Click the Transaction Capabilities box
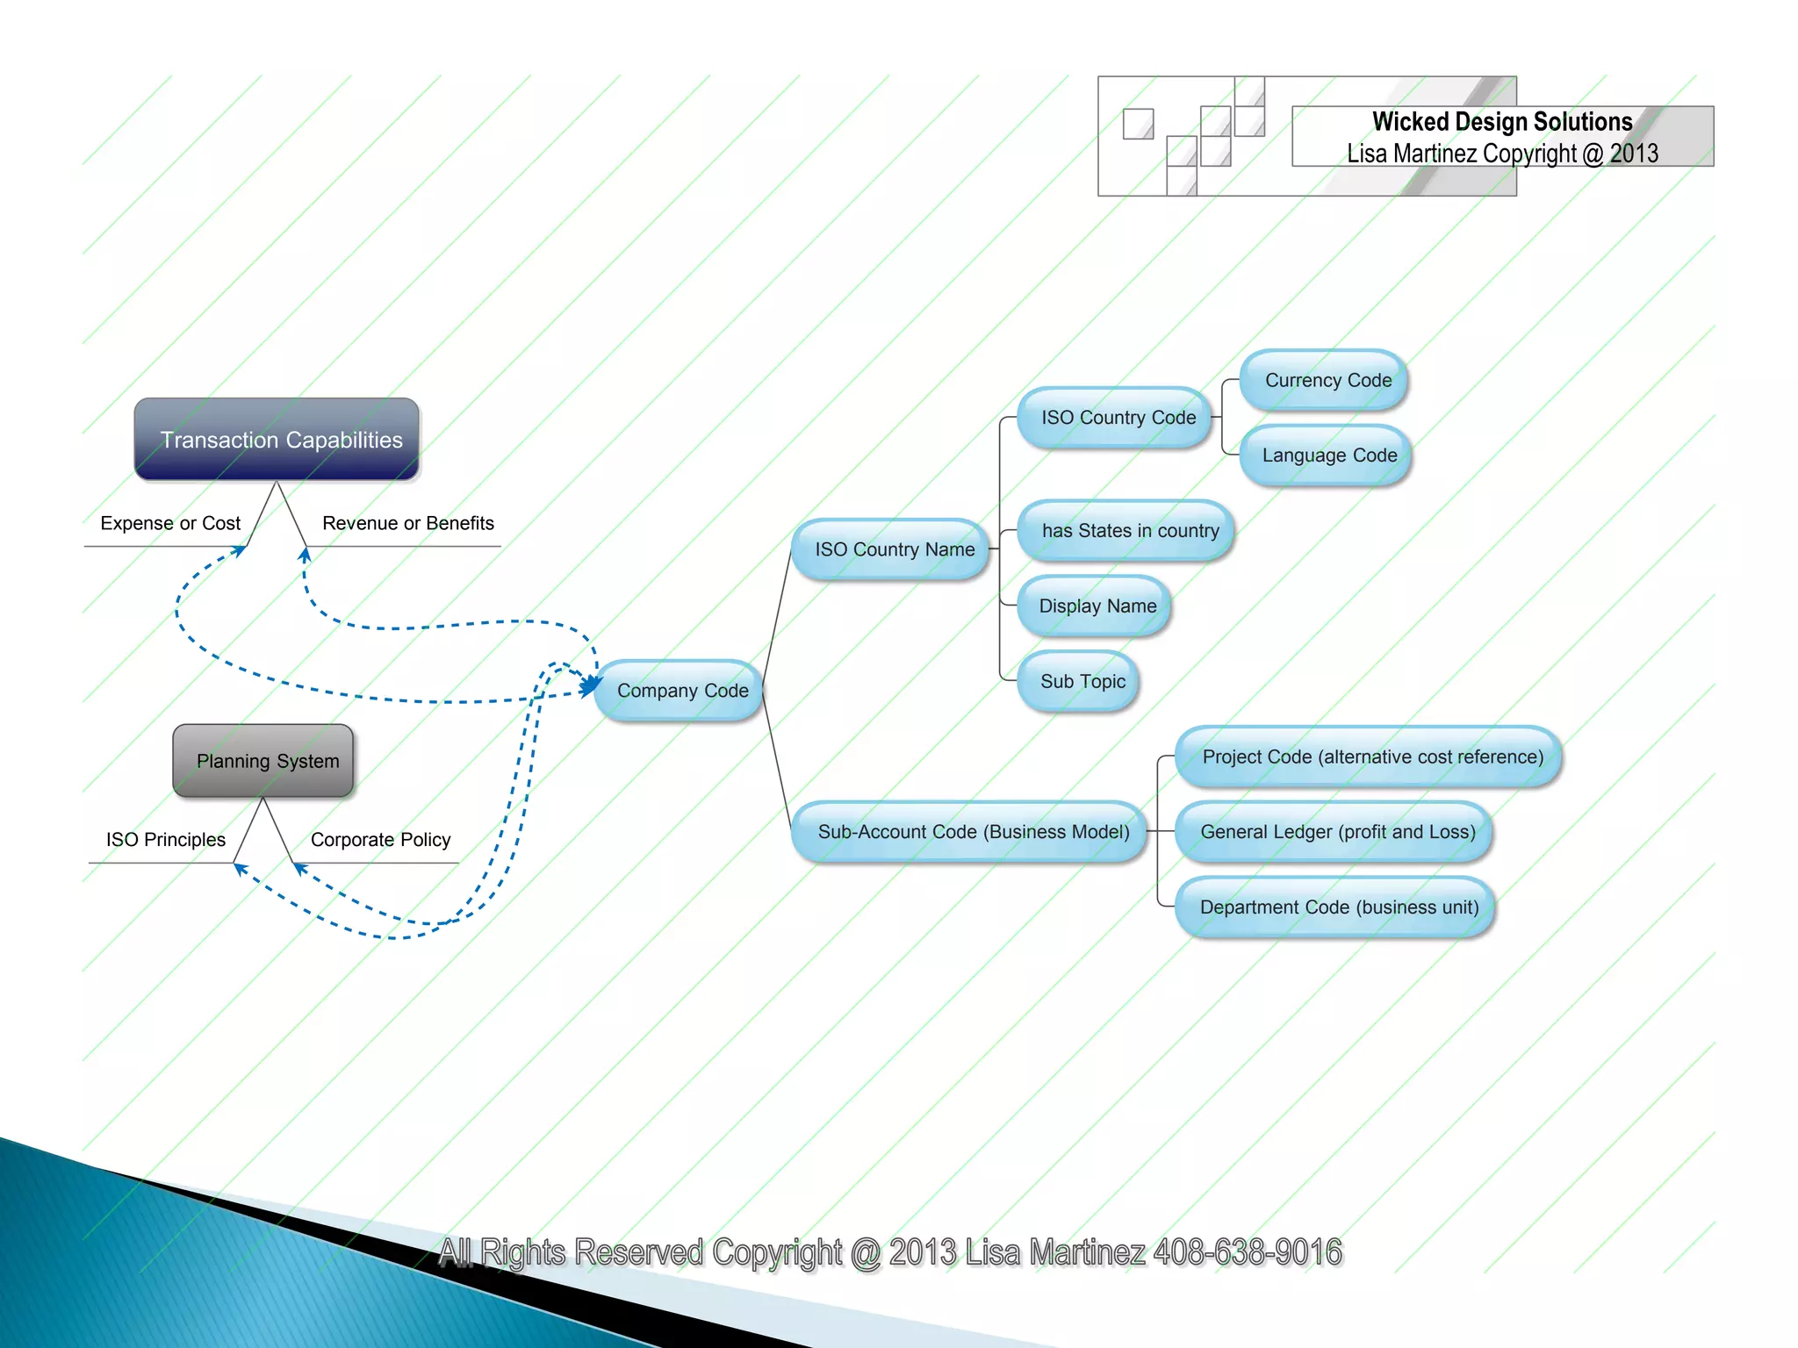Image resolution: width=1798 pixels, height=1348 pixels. (277, 439)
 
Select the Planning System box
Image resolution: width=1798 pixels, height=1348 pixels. (263, 761)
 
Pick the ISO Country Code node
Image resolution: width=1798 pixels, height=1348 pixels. (1116, 418)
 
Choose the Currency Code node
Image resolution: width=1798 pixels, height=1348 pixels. (1326, 380)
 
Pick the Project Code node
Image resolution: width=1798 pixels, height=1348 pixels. (1370, 756)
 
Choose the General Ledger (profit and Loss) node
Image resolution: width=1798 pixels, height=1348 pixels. (1335, 832)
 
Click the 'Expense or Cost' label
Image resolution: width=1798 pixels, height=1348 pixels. (170, 523)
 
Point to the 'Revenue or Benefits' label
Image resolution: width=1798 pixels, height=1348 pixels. (408, 523)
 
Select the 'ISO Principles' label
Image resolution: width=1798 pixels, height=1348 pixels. (166, 840)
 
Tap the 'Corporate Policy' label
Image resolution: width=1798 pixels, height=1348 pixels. (380, 840)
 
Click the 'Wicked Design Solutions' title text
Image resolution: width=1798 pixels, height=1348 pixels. (1502, 121)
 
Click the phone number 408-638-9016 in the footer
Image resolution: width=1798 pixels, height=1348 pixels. (1248, 1252)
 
